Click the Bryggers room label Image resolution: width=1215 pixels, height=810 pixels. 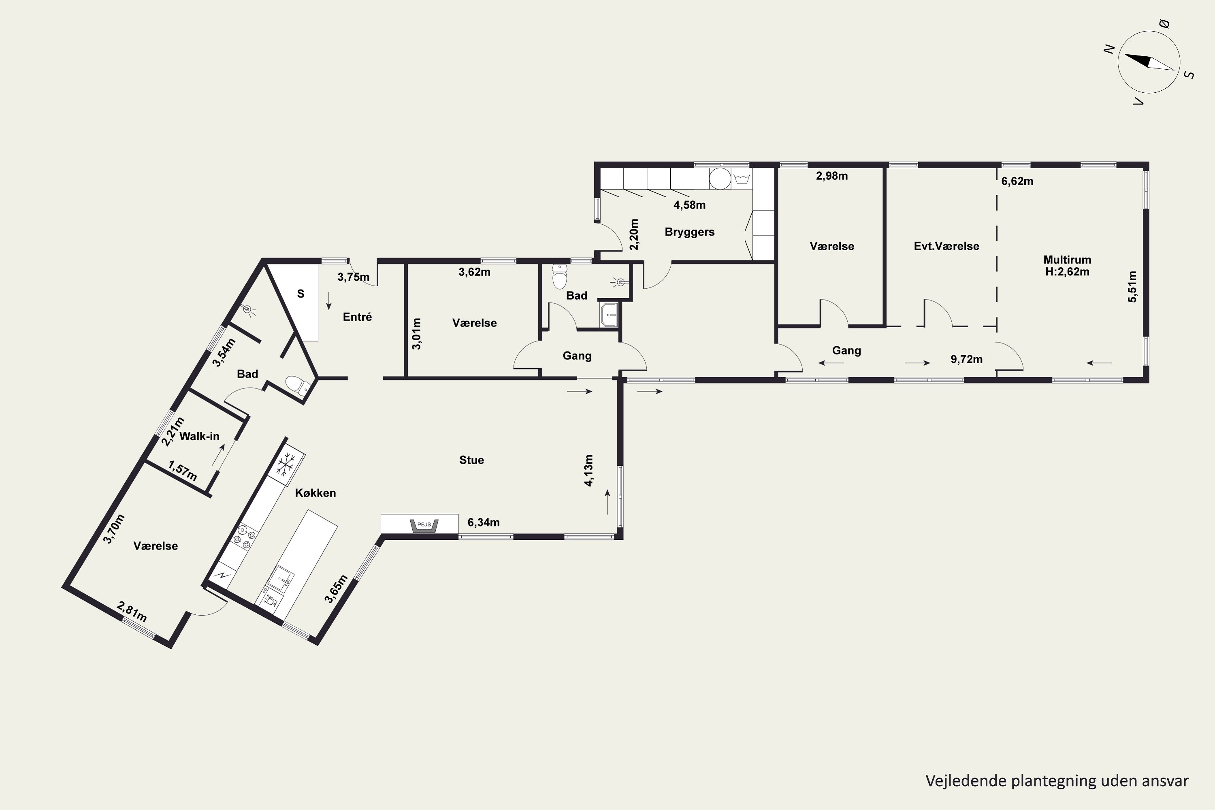pos(690,232)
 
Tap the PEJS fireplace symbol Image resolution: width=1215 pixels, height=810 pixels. pos(424,525)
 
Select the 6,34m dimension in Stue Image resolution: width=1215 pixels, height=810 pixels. pos(484,522)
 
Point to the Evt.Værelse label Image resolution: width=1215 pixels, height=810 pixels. pos(946,246)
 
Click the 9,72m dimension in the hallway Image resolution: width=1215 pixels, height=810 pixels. pos(966,360)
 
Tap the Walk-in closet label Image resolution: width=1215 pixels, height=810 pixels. pos(199,436)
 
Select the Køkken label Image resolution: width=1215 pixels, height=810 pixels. pos(315,493)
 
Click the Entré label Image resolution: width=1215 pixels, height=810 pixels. pos(358,317)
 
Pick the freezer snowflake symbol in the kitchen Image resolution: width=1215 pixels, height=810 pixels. pos(285,463)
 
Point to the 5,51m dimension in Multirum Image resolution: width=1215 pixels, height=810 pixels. pos(1132,287)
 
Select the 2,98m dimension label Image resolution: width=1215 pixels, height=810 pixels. pos(832,176)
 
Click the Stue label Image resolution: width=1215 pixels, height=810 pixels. pos(472,460)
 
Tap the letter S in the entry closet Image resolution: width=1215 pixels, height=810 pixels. pos(301,294)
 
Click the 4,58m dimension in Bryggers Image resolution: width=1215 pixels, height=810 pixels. pos(689,205)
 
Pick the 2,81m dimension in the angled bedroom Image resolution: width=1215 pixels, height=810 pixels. pos(133,612)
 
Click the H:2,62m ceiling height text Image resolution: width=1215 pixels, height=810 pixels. pos(1067,272)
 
